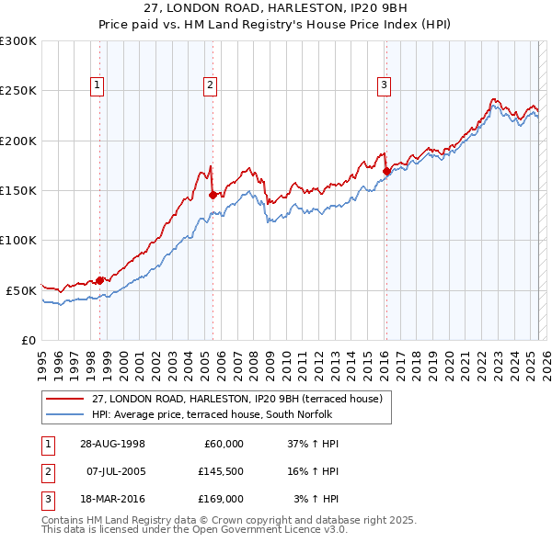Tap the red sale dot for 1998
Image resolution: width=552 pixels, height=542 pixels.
[x=100, y=280]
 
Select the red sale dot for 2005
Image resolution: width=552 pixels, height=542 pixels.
[x=213, y=195]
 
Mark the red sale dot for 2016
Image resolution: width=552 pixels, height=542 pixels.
[x=386, y=171]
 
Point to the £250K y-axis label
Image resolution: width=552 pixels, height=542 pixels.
[x=18, y=91]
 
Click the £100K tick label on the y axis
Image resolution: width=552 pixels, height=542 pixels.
[x=18, y=240]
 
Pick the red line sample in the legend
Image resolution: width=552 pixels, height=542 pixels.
[x=64, y=399]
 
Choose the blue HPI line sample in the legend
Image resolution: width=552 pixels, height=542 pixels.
[x=64, y=414]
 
